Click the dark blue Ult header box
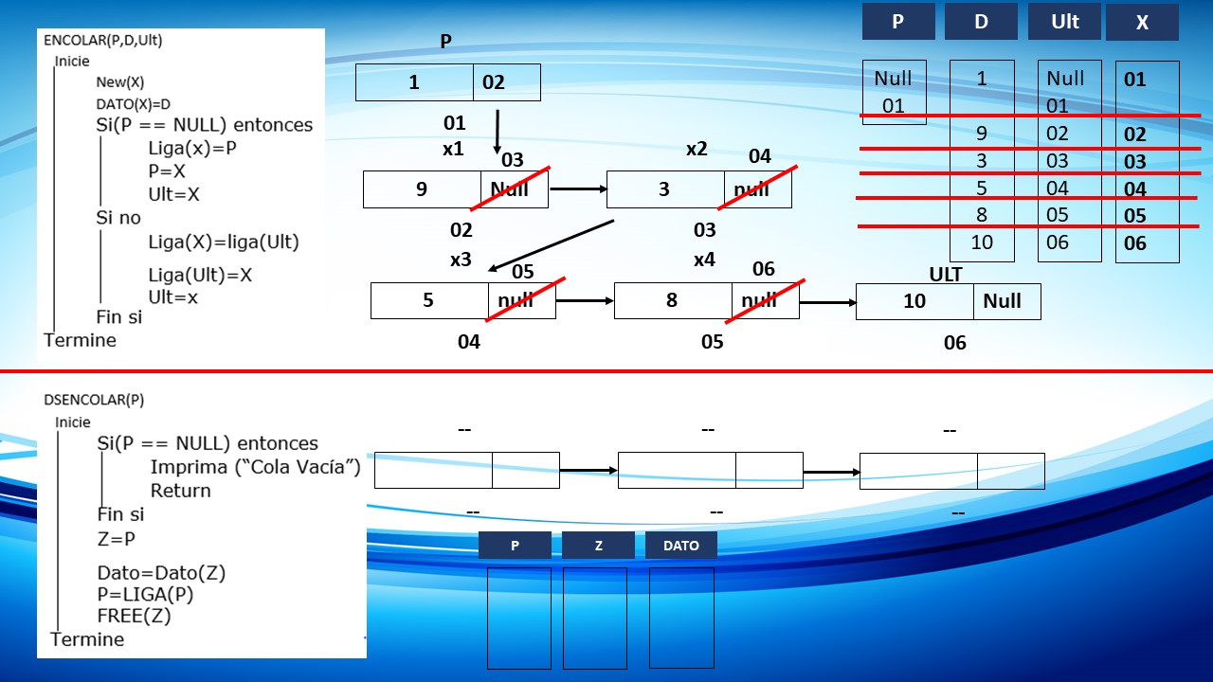pyautogui.click(x=1064, y=22)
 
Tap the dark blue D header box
pyautogui.click(x=981, y=22)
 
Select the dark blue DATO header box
pyautogui.click(x=681, y=545)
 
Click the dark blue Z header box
pyautogui.click(x=598, y=545)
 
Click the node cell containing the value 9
pyautogui.click(x=422, y=189)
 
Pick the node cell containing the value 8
pyautogui.click(x=673, y=300)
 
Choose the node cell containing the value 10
pyautogui.click(x=914, y=301)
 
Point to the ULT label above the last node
pyautogui.click(x=946, y=275)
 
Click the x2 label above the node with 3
pyautogui.click(x=697, y=149)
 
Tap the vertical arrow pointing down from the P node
pyautogui.click(x=498, y=132)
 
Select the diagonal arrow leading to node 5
pyautogui.click(x=551, y=245)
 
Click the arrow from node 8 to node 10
pyautogui.click(x=828, y=302)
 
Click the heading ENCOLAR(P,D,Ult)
pyautogui.click(x=103, y=41)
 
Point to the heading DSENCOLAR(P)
pyautogui.click(x=94, y=400)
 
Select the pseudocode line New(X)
pyautogui.click(x=119, y=82)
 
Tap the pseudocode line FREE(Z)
pyautogui.click(x=134, y=616)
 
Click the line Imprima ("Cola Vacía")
pyautogui.click(x=255, y=467)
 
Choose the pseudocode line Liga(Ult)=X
pyautogui.click(x=200, y=276)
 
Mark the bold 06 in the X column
pyautogui.click(x=1135, y=243)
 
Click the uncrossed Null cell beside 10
pyautogui.click(x=1007, y=301)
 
